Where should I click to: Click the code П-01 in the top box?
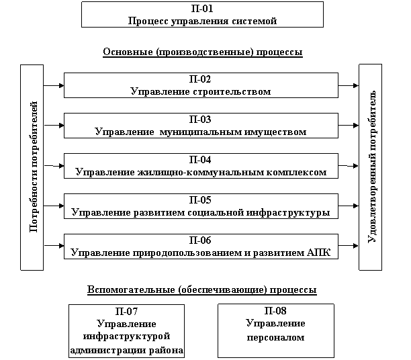tap(202, 9)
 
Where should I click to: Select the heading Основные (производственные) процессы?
tap(203, 52)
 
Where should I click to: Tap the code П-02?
tap(200, 79)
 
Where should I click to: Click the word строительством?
tap(232, 91)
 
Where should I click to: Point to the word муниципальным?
tap(201, 132)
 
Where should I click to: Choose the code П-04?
tap(200, 160)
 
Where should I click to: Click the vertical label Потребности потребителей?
tap(34, 167)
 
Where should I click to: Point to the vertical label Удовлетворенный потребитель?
tap(371, 167)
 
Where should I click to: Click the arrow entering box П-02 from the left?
tap(54, 85)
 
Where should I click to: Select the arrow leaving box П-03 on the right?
tap(349, 126)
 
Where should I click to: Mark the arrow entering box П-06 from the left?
tap(54, 246)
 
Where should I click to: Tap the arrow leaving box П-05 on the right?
tap(349, 206)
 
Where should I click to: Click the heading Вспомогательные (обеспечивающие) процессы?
tap(202, 289)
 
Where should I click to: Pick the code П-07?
tap(126, 311)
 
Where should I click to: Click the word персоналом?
tap(276, 337)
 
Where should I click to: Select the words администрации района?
tap(127, 351)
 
